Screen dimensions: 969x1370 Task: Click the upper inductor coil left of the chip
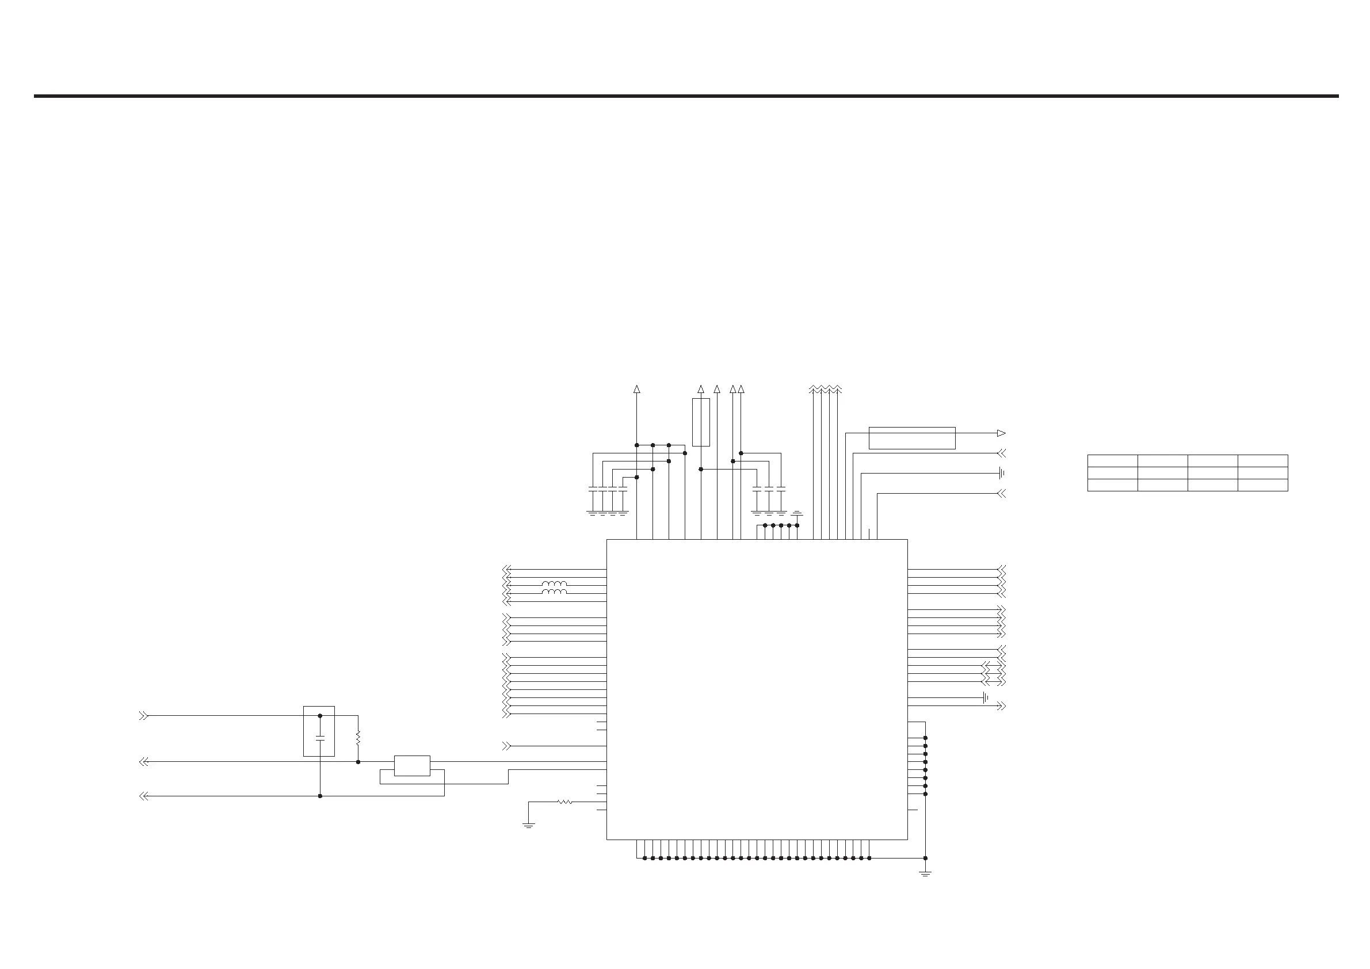point(554,583)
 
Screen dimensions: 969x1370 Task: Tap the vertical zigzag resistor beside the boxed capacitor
point(358,738)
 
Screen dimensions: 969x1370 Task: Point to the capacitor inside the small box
point(320,738)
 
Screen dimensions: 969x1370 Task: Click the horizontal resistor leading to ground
point(564,802)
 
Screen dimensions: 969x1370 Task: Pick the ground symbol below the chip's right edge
point(925,873)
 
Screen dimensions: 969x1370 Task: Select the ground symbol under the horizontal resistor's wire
point(529,825)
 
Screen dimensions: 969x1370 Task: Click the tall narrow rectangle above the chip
point(701,422)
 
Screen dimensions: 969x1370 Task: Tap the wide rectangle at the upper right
point(912,438)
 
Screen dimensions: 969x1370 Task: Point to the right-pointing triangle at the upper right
point(1001,433)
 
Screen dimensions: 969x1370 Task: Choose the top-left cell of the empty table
point(1112,461)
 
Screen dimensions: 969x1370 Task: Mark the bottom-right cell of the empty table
point(1262,485)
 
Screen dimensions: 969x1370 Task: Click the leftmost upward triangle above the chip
point(637,390)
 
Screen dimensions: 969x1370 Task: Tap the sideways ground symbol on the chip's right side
point(985,697)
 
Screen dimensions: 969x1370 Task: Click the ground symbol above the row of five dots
point(797,513)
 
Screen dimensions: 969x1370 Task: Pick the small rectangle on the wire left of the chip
point(413,765)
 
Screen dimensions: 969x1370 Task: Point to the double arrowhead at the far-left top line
point(143,715)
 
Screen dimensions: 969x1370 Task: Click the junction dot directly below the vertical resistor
point(358,762)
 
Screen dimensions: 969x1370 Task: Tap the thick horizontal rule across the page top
point(686,96)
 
